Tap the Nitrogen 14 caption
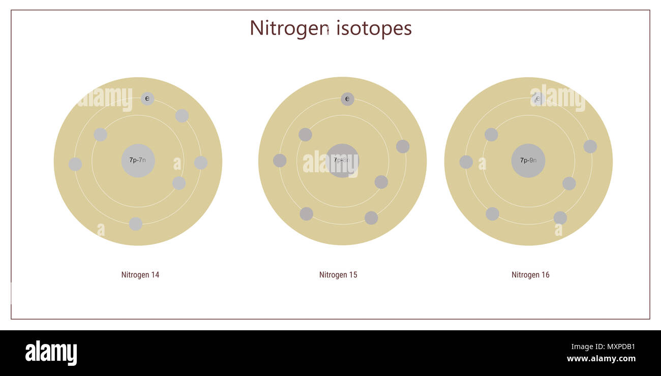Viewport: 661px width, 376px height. [x=140, y=275]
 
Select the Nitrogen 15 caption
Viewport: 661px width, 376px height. [x=338, y=275]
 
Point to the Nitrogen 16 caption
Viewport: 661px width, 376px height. [x=530, y=275]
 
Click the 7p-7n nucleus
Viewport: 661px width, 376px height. [x=138, y=161]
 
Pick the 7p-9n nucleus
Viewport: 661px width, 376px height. [x=528, y=161]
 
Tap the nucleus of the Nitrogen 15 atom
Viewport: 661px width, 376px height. [x=342, y=161]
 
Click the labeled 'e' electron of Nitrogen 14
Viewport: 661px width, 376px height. [x=147, y=99]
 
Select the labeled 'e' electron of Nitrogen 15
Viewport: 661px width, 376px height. [x=347, y=99]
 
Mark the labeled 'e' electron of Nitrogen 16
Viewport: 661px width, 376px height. [x=537, y=99]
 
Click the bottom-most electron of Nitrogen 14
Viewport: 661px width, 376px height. [x=135, y=224]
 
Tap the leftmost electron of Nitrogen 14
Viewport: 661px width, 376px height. [x=75, y=164]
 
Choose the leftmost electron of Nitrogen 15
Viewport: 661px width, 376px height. [x=280, y=161]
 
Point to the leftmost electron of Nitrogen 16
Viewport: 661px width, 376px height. [x=466, y=162]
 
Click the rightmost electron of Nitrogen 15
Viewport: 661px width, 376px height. [x=403, y=146]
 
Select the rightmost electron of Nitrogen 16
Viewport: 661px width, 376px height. [x=590, y=146]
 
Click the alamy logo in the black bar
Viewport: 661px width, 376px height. [x=51, y=353]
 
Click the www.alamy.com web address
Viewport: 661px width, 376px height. [x=600, y=359]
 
